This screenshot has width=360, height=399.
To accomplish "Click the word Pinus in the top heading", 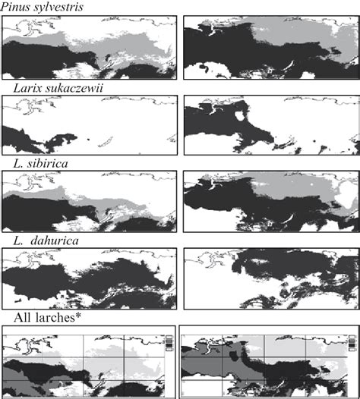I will coord(17,7).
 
